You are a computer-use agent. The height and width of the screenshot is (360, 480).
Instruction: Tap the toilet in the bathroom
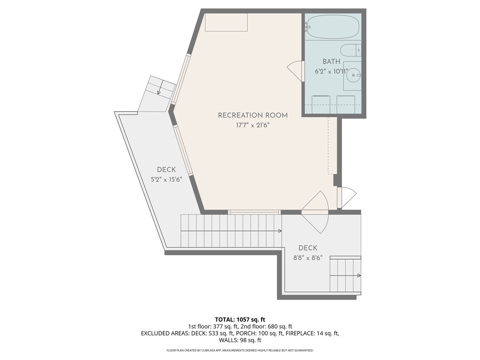coord(351,50)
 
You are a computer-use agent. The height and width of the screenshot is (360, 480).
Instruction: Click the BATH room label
coord(331,61)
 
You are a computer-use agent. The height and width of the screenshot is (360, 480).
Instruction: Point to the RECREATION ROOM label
coord(253,115)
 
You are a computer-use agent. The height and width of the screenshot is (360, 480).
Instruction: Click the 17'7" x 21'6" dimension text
coord(253,126)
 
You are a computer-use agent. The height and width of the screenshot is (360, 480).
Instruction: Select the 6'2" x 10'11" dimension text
coord(331,72)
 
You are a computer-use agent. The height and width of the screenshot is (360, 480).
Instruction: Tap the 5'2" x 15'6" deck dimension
coord(166,180)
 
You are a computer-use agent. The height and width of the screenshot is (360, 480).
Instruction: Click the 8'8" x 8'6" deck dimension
coord(307,258)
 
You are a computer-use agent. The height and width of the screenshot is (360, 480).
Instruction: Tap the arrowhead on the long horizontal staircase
coord(280,231)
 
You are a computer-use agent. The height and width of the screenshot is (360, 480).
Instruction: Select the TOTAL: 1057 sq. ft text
coord(240,320)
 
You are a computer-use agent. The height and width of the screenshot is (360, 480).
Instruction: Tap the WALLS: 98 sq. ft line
coord(240,340)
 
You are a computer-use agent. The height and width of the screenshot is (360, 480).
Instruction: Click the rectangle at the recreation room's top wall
coord(226,22)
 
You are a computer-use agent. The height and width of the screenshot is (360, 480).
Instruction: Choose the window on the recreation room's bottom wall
coord(255,212)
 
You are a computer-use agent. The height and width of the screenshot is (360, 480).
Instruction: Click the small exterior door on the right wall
coord(346,197)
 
